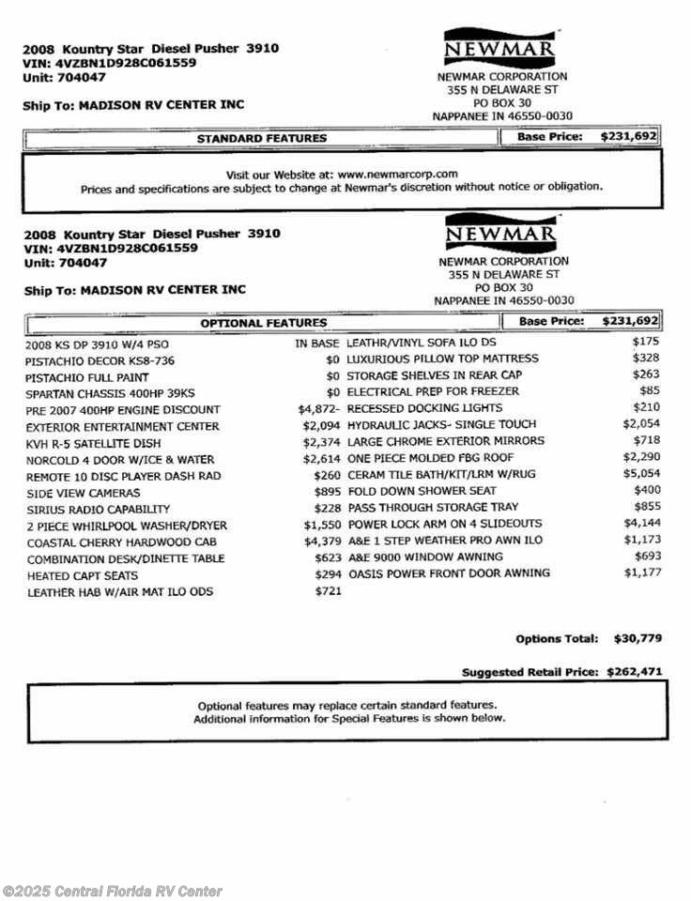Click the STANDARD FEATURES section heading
(x=261, y=138)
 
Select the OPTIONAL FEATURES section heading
(x=263, y=323)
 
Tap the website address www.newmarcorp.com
(x=397, y=174)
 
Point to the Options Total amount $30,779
(x=637, y=638)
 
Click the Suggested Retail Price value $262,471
(x=635, y=672)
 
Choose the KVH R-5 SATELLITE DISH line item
(x=93, y=443)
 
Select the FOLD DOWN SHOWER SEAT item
(x=410, y=491)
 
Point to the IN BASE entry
(x=316, y=344)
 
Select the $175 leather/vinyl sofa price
(x=647, y=342)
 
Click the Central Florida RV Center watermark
(x=113, y=891)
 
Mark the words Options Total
(x=556, y=639)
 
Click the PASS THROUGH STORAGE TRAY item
(x=419, y=507)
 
